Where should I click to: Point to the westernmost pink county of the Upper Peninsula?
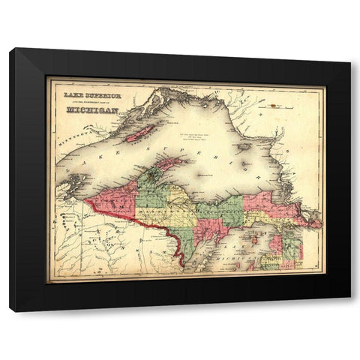coord(112,202)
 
